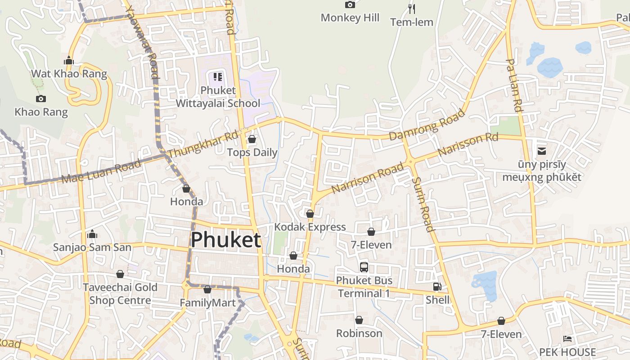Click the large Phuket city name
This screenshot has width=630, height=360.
[x=225, y=240]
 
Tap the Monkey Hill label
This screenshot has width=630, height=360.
[x=350, y=18]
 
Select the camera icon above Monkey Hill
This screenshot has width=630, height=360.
[x=350, y=5]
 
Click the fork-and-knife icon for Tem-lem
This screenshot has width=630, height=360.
[x=411, y=9]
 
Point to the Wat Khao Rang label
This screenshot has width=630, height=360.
[x=69, y=74]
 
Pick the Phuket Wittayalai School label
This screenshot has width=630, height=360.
[x=218, y=97]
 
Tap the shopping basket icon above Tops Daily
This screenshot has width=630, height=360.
[x=252, y=139]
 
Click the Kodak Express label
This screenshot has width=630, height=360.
[x=310, y=227]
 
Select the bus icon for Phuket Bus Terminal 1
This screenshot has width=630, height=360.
[x=364, y=267]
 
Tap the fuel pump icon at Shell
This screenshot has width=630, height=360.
[x=436, y=287]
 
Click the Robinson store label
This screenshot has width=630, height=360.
[x=359, y=333]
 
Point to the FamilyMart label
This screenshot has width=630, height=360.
[x=207, y=303]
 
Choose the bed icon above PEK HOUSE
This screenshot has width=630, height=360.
[x=567, y=339]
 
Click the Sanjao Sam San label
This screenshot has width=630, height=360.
[x=92, y=247]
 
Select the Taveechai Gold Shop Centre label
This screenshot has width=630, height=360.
[x=120, y=294]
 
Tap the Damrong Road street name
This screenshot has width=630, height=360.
[x=427, y=125]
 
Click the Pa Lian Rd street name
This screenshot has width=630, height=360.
[x=514, y=85]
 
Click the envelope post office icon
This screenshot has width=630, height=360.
[x=542, y=151]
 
